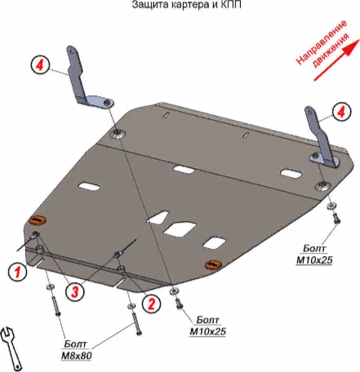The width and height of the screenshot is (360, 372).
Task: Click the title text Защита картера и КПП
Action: [x=187, y=5]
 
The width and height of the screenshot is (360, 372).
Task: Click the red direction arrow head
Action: [x=353, y=46]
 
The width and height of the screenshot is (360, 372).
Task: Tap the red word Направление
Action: [x=322, y=42]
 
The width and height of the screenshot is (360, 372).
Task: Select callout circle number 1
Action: [x=17, y=271]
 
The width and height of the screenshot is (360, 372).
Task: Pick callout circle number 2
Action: [x=151, y=303]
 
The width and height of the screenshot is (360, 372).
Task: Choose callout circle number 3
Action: [x=74, y=291]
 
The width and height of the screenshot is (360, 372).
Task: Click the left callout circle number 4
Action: [x=40, y=65]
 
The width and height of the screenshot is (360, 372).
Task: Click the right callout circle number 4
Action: [x=341, y=112]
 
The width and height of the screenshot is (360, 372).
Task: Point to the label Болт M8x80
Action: [x=76, y=350]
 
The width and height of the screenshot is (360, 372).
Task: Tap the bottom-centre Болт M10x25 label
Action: [x=207, y=325]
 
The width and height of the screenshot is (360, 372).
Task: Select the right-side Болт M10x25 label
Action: [x=314, y=255]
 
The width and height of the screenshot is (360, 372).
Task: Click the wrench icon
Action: [x=11, y=348]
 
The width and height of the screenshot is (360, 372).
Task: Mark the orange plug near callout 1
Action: [x=38, y=220]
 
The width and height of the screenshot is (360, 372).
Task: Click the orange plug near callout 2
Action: [x=213, y=264]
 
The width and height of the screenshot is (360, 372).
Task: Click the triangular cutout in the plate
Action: [x=158, y=218]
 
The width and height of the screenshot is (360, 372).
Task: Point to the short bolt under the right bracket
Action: [x=336, y=219]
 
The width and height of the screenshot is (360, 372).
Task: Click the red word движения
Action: [x=331, y=51]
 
